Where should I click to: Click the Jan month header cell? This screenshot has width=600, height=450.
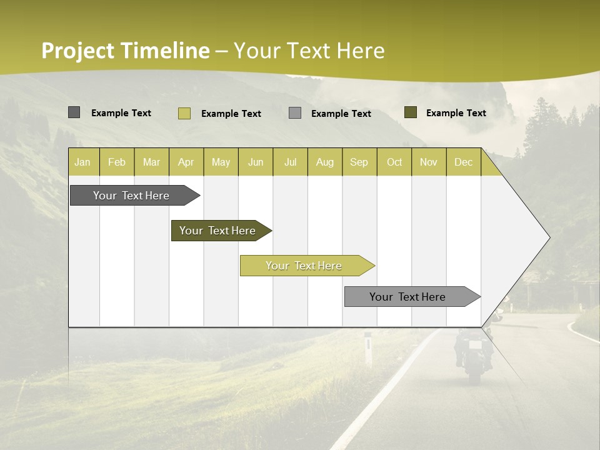click(x=83, y=162)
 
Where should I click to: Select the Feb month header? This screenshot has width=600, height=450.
click(x=117, y=162)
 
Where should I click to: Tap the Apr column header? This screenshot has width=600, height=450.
click(x=186, y=162)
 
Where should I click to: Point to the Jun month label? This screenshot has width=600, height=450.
click(x=255, y=162)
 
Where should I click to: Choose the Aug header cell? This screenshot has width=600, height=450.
click(x=324, y=162)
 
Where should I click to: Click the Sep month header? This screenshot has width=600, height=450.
click(x=359, y=162)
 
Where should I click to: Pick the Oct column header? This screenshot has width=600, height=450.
click(x=394, y=162)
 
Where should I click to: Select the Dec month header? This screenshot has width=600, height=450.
click(x=463, y=162)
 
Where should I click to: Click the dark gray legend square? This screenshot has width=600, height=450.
click(x=74, y=112)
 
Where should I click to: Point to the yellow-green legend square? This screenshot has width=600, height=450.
click(x=184, y=113)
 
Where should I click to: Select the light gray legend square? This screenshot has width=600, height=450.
click(x=295, y=113)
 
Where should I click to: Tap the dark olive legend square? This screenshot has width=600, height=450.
click(x=410, y=112)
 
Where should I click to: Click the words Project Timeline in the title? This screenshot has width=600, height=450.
click(x=125, y=51)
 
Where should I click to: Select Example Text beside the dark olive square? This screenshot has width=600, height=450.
click(x=456, y=112)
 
